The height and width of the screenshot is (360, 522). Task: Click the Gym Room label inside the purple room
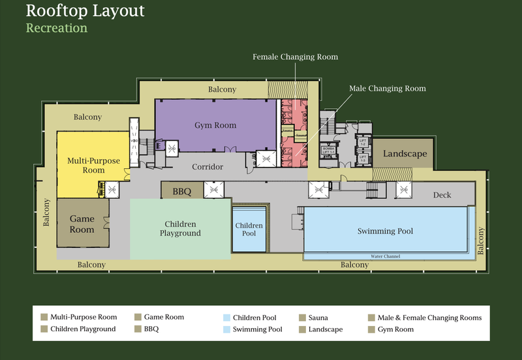(x=215, y=125)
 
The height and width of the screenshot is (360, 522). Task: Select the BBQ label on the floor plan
(x=182, y=192)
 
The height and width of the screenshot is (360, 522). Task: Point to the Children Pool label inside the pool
(x=249, y=230)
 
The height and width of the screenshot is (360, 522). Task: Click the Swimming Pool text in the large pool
(x=385, y=232)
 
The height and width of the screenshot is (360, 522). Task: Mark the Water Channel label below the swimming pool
(x=385, y=257)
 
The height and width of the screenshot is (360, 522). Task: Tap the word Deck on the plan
(x=442, y=195)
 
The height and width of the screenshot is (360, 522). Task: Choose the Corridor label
(x=207, y=167)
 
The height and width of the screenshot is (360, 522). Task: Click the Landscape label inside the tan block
(x=405, y=155)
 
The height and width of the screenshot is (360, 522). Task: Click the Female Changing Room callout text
(x=295, y=57)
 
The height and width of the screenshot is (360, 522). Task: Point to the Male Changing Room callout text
(x=387, y=89)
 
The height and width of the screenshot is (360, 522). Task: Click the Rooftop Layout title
(x=85, y=11)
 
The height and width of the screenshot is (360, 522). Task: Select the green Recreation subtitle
(x=57, y=28)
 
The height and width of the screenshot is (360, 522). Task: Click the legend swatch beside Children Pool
(x=226, y=318)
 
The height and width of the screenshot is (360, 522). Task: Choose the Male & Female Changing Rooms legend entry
(x=429, y=318)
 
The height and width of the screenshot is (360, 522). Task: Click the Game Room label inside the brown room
(x=82, y=224)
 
